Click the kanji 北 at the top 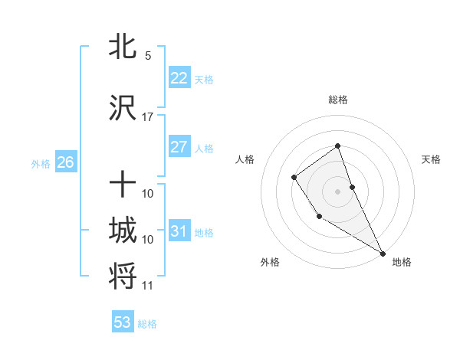(123, 47)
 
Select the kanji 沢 (123, 108)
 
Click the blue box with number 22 (179, 78)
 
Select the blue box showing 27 (179, 147)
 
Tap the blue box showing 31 (179, 231)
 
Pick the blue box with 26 (65, 162)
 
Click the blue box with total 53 (123, 322)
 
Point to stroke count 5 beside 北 (148, 56)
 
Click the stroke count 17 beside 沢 (148, 117)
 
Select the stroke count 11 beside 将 (148, 286)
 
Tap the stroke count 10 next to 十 (148, 194)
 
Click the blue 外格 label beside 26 (41, 163)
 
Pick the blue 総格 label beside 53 (147, 324)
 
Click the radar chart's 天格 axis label (431, 159)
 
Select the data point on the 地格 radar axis (382, 253)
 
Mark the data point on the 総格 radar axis (337, 146)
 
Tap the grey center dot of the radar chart (337, 191)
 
